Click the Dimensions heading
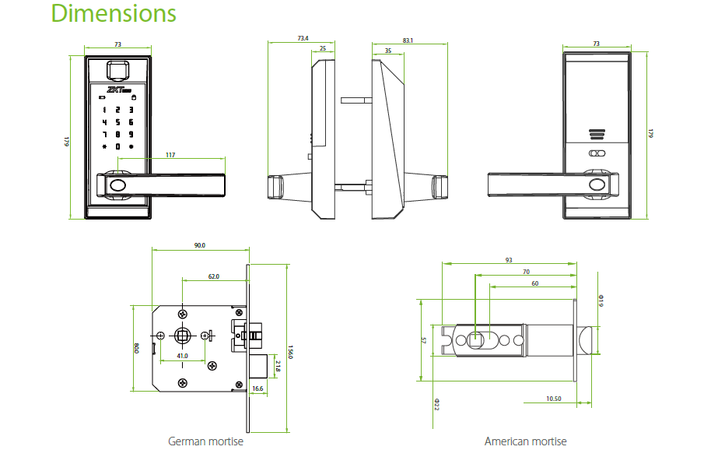pos(114,14)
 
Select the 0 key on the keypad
pos(117,147)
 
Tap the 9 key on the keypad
pos(131,135)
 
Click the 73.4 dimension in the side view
pos(302,37)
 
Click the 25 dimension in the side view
pos(323,49)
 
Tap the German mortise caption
pos(205,441)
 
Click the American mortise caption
pos(526,441)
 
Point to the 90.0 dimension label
pos(199,245)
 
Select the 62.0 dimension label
pos(213,276)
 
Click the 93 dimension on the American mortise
pos(508,260)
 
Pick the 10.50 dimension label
pos(554,398)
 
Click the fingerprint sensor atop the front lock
pos(118,71)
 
